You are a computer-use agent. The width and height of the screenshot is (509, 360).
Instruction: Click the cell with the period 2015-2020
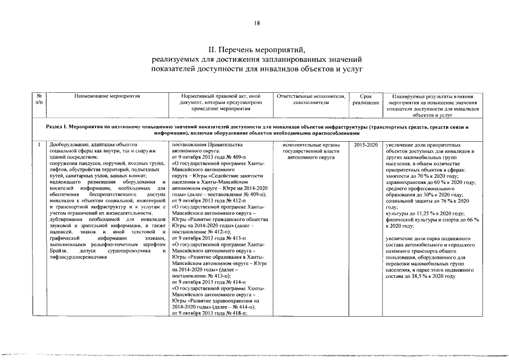(x=366, y=145)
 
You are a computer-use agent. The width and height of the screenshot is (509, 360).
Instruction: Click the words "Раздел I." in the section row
(x=58, y=128)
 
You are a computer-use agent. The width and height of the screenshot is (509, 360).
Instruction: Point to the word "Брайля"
(x=58, y=250)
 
